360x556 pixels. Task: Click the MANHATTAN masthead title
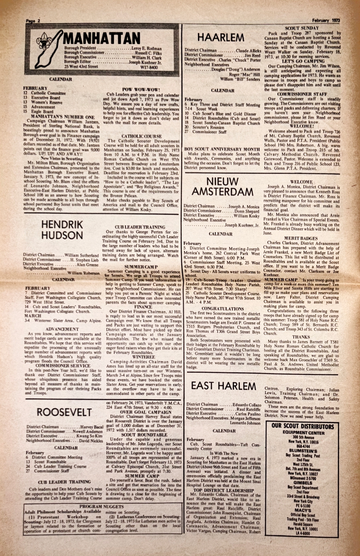pos(102,38)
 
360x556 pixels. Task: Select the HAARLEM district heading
pos(221,37)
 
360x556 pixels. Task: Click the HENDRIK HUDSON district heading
pos(62,230)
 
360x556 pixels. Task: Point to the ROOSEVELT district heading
pos(64,412)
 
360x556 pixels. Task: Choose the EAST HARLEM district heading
pos(223,385)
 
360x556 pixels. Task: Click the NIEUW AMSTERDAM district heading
pos(222,186)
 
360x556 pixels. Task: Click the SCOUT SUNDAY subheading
pos(302,28)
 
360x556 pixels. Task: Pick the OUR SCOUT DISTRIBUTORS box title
pos(303,426)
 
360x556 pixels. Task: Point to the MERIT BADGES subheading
pos(301,238)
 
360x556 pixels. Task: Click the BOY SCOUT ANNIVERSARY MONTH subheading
pos(222,149)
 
